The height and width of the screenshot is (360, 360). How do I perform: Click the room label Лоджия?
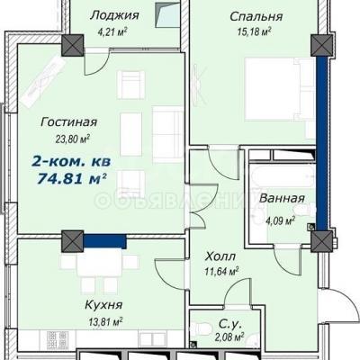114,15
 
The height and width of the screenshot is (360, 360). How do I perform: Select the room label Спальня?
256,16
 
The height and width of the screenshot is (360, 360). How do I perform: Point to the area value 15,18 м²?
255,31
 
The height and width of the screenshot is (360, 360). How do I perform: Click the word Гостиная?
69,122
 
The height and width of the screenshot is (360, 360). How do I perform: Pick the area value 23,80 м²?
73,139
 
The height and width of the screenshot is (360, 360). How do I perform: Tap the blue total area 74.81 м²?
71,179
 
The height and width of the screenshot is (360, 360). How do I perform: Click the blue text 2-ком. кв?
71,162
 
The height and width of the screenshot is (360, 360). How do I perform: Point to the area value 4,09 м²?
280,221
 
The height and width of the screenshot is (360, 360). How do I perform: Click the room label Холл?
220,256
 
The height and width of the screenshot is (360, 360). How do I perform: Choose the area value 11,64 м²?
221,272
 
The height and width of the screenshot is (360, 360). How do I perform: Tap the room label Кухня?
103,305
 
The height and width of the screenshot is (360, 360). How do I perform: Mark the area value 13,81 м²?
105,322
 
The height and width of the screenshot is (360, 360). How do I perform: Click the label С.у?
229,324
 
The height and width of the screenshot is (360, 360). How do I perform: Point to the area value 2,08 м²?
229,337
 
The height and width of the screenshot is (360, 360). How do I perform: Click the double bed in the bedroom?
280,89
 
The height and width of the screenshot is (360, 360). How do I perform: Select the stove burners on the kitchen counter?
58,339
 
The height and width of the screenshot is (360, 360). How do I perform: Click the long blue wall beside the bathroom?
321,143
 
